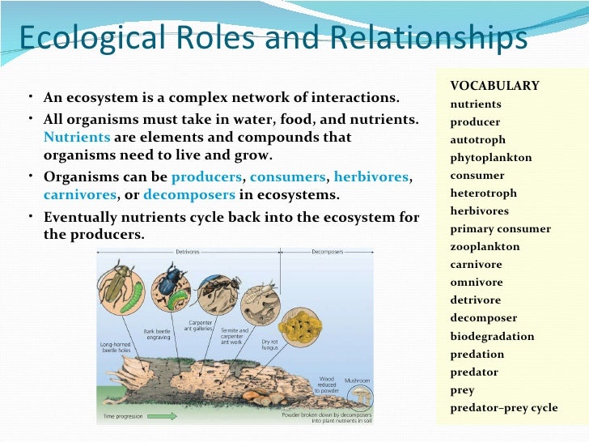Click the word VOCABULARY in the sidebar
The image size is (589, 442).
[494, 87]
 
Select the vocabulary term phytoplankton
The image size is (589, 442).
[491, 158]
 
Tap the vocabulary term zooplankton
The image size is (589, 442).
[485, 247]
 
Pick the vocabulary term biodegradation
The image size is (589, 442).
[492, 336]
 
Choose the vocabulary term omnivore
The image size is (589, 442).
[476, 283]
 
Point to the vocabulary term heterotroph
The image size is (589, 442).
[483, 193]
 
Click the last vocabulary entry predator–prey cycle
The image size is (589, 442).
[503, 407]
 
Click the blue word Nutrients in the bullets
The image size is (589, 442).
[71, 138]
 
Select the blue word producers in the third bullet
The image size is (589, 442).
[206, 176]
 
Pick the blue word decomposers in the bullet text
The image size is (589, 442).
[189, 195]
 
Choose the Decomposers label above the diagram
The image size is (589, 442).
[327, 252]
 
